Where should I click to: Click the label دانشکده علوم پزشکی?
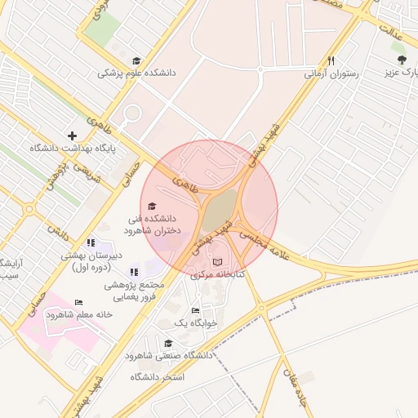(x=136, y=73)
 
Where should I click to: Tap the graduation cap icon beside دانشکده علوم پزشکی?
(x=136, y=60)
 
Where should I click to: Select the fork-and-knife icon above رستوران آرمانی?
(x=331, y=60)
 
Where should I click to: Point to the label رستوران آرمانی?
(x=330, y=73)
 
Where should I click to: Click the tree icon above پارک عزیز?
(x=400, y=60)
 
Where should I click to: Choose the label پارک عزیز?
(x=401, y=73)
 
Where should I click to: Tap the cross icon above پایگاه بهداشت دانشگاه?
(x=73, y=136)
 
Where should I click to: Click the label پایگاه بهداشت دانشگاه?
(x=73, y=149)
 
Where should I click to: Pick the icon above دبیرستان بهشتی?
(x=91, y=242)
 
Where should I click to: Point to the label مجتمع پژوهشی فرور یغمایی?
(x=136, y=291)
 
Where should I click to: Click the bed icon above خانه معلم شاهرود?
(x=78, y=303)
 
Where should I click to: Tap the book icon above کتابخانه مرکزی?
(x=217, y=262)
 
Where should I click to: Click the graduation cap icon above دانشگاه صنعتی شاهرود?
(x=168, y=343)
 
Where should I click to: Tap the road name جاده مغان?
(x=296, y=392)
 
